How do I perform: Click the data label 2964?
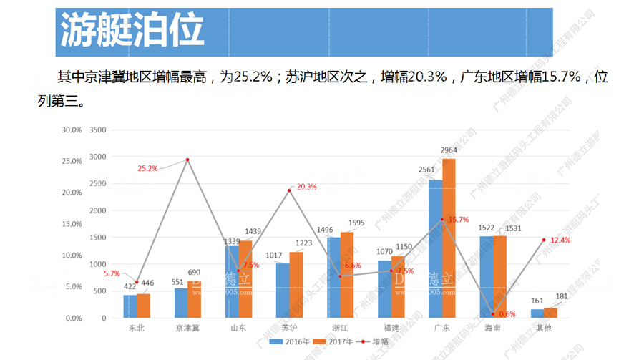[x=449, y=150]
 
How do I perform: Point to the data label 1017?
[x=273, y=255]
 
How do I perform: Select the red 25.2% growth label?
[x=147, y=169]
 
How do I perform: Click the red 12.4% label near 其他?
[x=560, y=240]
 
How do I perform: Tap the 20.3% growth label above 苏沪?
[x=306, y=187]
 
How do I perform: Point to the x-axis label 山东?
[x=238, y=328]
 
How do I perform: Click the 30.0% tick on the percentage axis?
[x=72, y=130]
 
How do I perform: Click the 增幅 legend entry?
[x=379, y=342]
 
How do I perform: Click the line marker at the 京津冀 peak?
[x=187, y=160]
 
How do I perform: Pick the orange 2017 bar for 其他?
[x=550, y=313]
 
